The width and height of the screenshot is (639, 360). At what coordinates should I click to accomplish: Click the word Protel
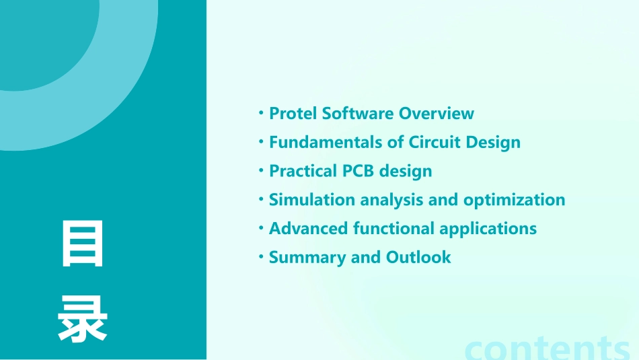click(293, 113)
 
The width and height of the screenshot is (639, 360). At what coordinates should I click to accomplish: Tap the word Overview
click(437, 113)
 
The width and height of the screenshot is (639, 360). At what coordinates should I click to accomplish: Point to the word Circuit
click(435, 142)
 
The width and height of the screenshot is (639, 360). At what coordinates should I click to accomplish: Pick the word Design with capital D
click(493, 143)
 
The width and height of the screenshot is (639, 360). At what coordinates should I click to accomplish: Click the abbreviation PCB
click(359, 171)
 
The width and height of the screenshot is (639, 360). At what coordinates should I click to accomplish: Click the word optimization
click(515, 200)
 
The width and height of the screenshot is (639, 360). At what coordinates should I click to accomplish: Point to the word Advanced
click(309, 229)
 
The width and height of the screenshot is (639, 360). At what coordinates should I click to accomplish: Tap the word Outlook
click(418, 257)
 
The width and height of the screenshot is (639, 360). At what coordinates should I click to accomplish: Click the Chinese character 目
click(83, 244)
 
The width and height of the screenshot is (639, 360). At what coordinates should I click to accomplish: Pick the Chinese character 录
click(83, 319)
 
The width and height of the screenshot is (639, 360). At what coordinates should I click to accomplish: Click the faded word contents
click(547, 349)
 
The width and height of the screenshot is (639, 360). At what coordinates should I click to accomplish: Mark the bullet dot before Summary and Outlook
click(261, 257)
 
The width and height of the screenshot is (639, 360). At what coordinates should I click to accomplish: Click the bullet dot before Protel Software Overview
click(261, 112)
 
